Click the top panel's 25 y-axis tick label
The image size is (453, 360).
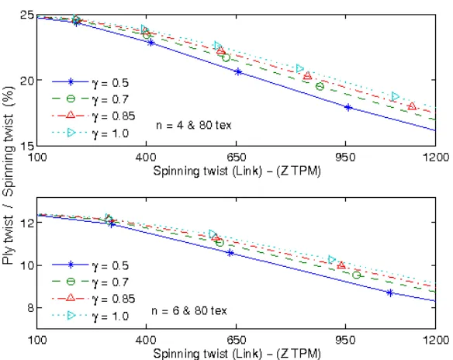coord(26,15)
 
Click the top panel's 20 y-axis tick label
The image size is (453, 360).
coord(26,80)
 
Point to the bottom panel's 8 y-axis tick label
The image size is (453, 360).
coord(30,308)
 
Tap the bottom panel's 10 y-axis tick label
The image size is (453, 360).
coord(26,265)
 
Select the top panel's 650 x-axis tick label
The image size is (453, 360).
coord(237,157)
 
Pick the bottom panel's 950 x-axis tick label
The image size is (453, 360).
coord(345,340)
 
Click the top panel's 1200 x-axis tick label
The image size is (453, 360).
coord(436,157)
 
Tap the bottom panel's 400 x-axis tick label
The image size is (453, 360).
coord(146,340)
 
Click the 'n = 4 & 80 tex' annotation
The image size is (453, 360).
coord(194,126)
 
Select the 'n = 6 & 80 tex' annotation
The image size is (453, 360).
coord(189,311)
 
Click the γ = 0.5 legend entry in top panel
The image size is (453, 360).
coord(90,83)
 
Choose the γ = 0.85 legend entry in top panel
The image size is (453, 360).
coord(94,116)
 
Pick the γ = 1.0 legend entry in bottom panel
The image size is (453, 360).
coord(90,316)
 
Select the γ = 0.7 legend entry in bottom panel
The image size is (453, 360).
coord(90,282)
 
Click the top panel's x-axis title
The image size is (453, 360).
coord(237,171)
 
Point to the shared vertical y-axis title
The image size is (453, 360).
coord(8,175)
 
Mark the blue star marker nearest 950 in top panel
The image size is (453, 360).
coord(348,108)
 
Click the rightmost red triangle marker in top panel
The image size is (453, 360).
coord(412,106)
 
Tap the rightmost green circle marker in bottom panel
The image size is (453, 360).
coord(357,275)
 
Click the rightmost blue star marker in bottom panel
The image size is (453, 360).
coord(390,293)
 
